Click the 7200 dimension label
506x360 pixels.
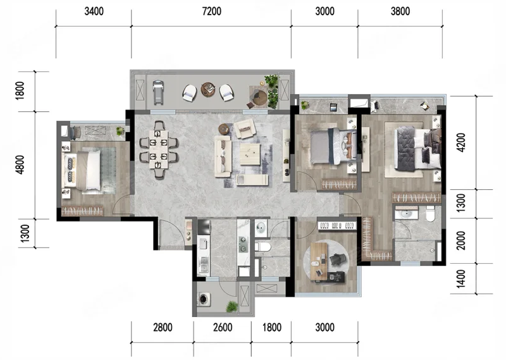click(x=212, y=11)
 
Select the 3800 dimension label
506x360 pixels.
click(x=400, y=11)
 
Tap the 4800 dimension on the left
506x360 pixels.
click(x=20, y=164)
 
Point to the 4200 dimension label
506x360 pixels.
click(x=462, y=142)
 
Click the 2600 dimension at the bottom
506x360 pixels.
click(x=223, y=327)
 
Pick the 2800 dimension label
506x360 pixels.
click(x=163, y=327)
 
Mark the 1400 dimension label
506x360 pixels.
click(x=462, y=279)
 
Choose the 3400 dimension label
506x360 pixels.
click(x=94, y=11)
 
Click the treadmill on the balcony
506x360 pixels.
click(x=157, y=92)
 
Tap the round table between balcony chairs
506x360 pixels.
click(x=208, y=89)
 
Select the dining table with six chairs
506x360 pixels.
click(x=159, y=149)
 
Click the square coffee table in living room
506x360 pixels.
click(x=250, y=154)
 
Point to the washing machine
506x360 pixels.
click(x=204, y=299)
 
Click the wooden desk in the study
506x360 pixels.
click(x=319, y=263)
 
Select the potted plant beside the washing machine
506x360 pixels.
click(x=231, y=306)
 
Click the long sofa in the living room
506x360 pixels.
click(x=223, y=156)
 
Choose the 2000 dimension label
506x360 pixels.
click(x=462, y=240)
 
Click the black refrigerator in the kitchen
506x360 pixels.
click(x=204, y=227)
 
